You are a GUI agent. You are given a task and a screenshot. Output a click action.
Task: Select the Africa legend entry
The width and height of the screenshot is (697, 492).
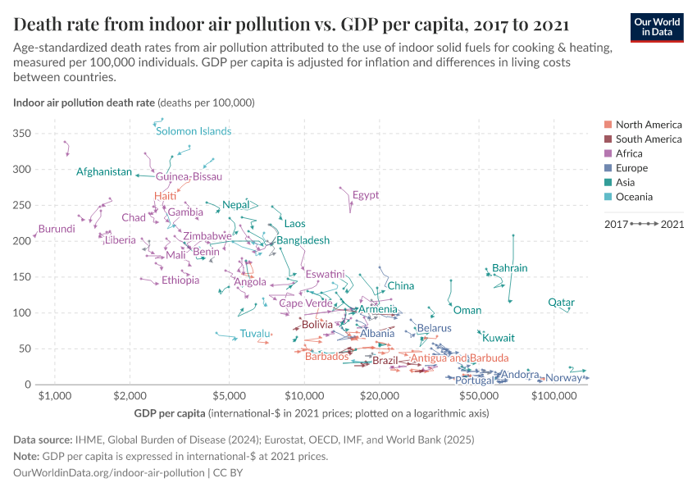tap(629, 153)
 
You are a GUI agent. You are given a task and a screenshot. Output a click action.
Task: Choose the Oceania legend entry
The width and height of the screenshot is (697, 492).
tap(634, 197)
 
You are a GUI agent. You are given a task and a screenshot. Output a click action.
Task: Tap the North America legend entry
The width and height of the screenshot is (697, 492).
tap(648, 125)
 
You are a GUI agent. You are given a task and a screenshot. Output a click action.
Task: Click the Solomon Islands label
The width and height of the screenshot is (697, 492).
tap(194, 131)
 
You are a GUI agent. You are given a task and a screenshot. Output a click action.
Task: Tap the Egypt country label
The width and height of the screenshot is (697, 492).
tap(366, 195)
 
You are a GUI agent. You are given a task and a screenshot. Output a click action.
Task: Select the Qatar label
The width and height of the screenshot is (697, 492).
tap(561, 303)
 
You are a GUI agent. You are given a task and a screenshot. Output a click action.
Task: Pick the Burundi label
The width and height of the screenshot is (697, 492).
tap(57, 229)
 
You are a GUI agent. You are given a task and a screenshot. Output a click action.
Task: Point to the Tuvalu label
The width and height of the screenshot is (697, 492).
tap(255, 333)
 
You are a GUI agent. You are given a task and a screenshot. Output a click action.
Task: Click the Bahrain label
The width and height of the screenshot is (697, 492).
tap(509, 268)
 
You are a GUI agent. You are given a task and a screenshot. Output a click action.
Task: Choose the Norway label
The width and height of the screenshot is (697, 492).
tap(563, 378)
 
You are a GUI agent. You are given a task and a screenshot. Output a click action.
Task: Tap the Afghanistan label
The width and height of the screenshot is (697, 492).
tap(104, 172)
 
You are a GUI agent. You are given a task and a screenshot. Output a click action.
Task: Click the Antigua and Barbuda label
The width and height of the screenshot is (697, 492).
tap(459, 358)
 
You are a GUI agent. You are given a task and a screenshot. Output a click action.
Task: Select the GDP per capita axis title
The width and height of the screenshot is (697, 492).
tap(170, 413)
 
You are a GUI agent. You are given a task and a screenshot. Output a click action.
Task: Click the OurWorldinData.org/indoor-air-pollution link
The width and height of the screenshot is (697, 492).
tap(109, 473)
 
